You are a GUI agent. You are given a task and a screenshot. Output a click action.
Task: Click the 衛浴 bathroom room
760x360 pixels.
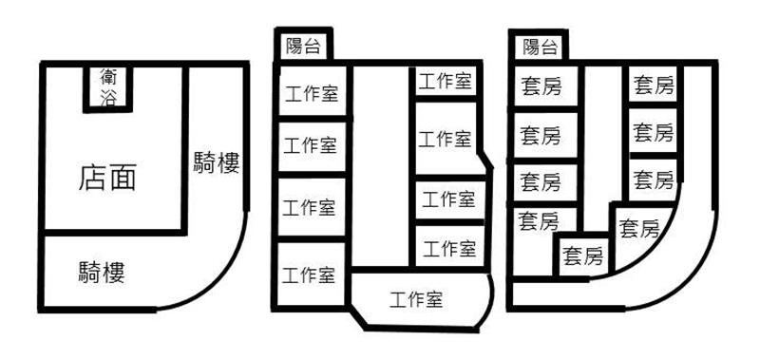tap(107, 87)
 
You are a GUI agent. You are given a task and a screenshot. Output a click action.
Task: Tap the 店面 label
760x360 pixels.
tap(107, 178)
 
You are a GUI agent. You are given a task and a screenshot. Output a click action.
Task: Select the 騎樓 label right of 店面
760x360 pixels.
tap(217, 162)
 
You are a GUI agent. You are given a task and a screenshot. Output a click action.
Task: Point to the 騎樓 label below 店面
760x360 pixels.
tap(102, 273)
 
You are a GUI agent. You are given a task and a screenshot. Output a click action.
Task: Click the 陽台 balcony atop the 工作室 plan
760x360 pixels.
tap(303, 46)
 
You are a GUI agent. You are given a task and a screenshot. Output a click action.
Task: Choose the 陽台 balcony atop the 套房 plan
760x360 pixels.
tap(539, 47)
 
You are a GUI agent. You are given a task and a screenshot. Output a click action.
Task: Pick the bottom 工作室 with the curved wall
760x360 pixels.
tap(421, 299)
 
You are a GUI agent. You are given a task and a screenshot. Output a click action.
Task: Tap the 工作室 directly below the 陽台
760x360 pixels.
tap(312, 91)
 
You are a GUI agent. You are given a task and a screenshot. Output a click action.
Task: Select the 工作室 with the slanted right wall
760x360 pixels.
tap(448, 138)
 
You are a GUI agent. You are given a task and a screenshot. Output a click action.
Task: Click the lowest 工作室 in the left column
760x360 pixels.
tap(310, 274)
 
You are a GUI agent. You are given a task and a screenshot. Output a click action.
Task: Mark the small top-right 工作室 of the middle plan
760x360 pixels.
tap(446, 81)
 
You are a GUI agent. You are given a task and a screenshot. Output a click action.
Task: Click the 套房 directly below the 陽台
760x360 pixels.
tap(543, 86)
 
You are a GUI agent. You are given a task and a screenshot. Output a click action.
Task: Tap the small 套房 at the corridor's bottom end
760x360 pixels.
tap(583, 256)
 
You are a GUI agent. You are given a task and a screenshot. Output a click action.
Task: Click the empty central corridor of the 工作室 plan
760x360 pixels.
tap(380, 164)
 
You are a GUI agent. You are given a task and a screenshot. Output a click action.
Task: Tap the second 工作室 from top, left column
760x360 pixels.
tap(311, 146)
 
